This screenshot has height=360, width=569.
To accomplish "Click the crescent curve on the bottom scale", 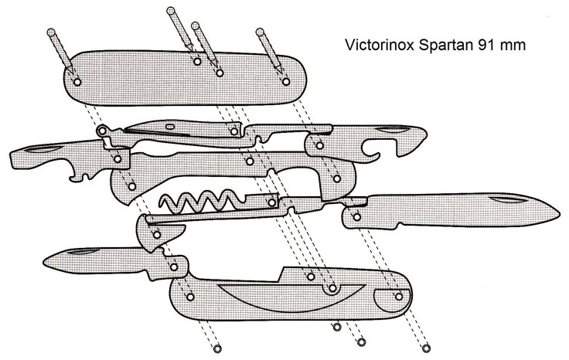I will click(278, 297).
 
